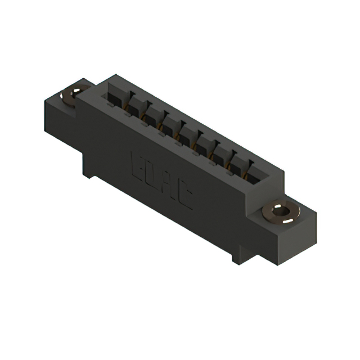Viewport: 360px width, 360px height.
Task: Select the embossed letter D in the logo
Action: (x=154, y=175)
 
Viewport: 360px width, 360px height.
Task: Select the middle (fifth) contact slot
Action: (x=186, y=133)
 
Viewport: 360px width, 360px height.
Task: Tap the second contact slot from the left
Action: (x=133, y=107)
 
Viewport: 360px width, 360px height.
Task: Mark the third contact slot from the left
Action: (x=151, y=116)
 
